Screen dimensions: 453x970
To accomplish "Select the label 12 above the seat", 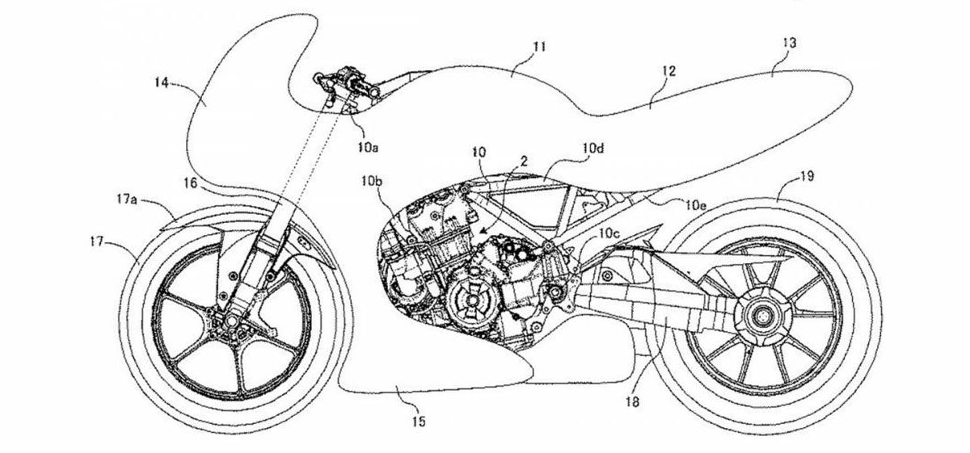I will (667, 71).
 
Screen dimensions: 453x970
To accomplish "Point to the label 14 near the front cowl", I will (161, 82).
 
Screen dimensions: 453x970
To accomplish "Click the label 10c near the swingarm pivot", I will (609, 233).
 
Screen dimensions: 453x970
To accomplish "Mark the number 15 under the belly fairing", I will (418, 420).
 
